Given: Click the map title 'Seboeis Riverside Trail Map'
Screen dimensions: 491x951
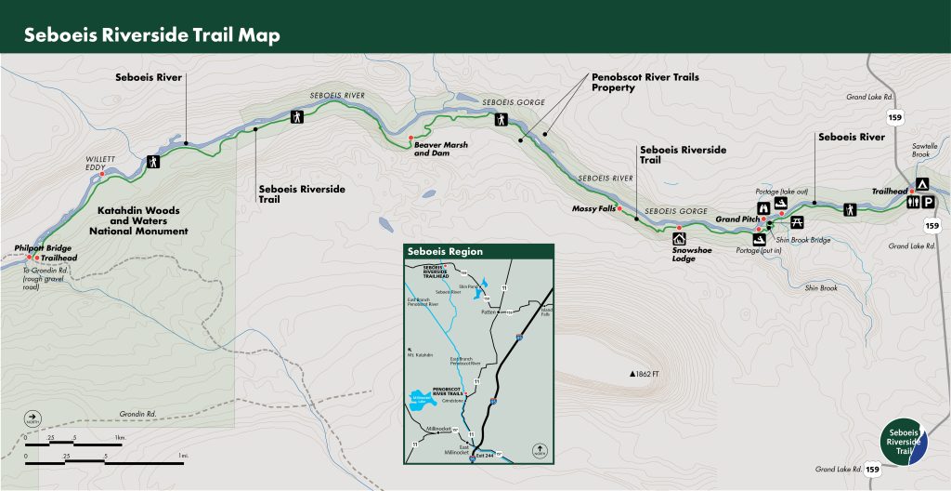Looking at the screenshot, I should click(x=151, y=35).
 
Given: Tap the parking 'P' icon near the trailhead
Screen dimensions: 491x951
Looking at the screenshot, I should click(x=930, y=202).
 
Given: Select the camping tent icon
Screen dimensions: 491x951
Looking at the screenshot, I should click(x=922, y=184).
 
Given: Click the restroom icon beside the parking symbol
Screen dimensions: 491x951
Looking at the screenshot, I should click(x=915, y=202).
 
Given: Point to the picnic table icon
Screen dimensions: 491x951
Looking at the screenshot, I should click(x=797, y=220).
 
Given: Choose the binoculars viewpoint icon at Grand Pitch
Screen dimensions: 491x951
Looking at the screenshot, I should click(x=763, y=208).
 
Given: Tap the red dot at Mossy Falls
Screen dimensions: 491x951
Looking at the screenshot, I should click(x=619, y=208).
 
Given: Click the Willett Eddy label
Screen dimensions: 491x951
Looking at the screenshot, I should click(x=100, y=164).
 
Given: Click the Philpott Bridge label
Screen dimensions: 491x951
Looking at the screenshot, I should click(x=44, y=248).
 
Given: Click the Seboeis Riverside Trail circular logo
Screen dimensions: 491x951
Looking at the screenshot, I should click(x=904, y=443).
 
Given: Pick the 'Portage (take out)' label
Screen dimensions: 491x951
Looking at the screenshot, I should click(x=782, y=191).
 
